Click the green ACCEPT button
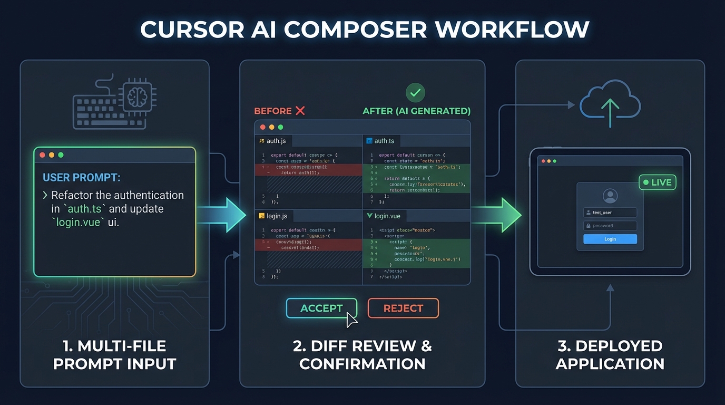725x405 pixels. click(x=321, y=308)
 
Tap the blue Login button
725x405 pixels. click(x=610, y=239)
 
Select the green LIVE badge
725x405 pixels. click(x=657, y=182)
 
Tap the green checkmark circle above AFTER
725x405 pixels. click(x=415, y=93)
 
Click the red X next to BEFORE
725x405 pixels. click(x=300, y=111)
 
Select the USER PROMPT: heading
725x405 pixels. click(x=81, y=178)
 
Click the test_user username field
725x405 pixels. click(x=610, y=213)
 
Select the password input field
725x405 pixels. click(x=610, y=226)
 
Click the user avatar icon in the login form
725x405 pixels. click(x=610, y=196)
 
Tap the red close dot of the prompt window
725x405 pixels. click(x=43, y=155)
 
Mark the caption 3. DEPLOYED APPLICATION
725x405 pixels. click(x=610, y=355)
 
